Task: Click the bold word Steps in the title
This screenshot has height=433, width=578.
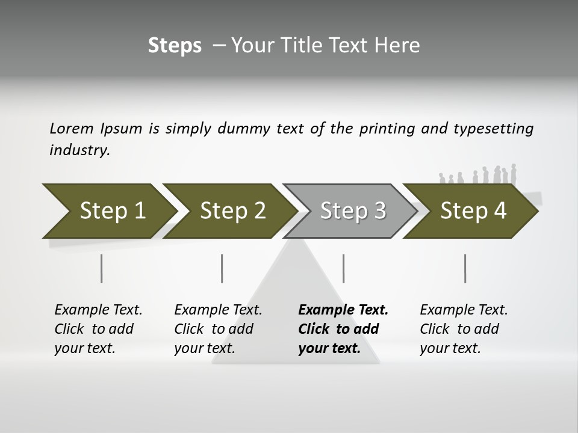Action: click(175, 46)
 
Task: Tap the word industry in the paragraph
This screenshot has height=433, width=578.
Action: click(79, 150)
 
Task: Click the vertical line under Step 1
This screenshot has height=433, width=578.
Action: click(102, 268)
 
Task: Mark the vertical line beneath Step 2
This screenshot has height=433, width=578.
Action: click(222, 268)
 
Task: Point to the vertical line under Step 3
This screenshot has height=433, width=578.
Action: click(344, 268)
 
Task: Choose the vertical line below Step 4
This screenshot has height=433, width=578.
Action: click(465, 268)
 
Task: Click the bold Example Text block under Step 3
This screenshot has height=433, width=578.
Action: click(343, 329)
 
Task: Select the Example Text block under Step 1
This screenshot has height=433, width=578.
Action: click(98, 329)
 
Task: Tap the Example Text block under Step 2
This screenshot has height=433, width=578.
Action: click(217, 329)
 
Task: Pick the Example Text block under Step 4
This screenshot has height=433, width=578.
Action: click(463, 329)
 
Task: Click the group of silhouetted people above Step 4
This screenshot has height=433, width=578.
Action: click(482, 176)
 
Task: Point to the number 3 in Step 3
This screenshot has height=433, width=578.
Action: click(379, 210)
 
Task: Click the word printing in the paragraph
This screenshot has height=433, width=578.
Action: click(387, 129)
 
